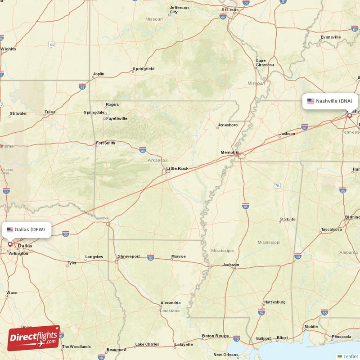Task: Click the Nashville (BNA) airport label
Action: point(334,101)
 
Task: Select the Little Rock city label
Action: point(177,169)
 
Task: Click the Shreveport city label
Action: point(129,256)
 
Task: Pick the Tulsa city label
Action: point(50,112)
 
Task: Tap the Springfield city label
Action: point(144,69)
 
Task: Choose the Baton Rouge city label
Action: point(215,336)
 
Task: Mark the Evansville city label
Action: point(331,37)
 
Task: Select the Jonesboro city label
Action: point(227,125)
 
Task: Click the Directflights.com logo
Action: point(34,337)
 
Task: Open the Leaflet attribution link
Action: point(350,356)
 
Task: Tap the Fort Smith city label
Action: point(105,143)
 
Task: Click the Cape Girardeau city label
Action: point(264,63)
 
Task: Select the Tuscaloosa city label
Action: point(332,229)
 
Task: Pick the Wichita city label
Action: point(8,49)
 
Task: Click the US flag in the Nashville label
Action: point(311,101)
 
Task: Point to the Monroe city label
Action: point(178,256)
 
